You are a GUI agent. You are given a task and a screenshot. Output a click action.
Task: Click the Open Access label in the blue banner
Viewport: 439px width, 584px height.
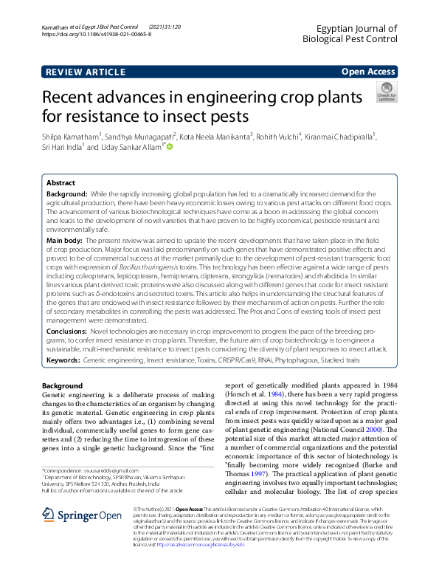point(368,72)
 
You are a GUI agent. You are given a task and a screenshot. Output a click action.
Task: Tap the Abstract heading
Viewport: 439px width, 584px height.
point(61,182)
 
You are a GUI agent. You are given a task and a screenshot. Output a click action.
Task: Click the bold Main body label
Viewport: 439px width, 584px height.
point(65,241)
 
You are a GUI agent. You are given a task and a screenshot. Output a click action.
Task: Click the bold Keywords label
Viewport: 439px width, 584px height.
point(63,359)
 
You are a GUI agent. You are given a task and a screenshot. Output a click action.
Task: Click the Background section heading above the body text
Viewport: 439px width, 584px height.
point(63,386)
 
